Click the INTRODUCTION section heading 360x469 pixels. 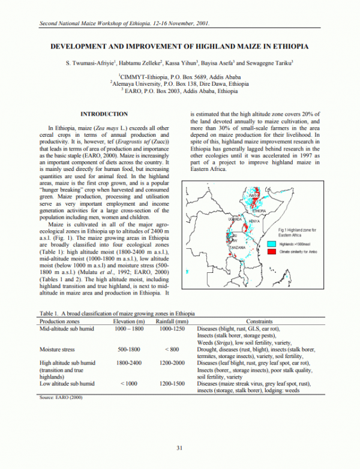click(104, 114)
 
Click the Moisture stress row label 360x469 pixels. click(59, 349)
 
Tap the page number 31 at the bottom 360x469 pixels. click(179, 448)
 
